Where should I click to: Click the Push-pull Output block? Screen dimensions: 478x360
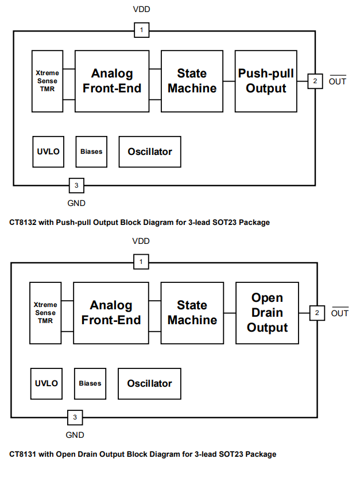(x=266, y=81)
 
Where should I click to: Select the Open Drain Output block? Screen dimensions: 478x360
(x=267, y=313)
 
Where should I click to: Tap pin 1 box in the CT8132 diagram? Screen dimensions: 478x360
(x=142, y=30)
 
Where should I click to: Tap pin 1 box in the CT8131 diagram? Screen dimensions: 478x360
(x=141, y=262)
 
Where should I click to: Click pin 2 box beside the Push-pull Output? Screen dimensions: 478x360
(x=315, y=81)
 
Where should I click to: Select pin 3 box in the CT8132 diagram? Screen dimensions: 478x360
(x=76, y=185)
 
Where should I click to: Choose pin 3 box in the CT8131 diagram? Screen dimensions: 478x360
(x=75, y=417)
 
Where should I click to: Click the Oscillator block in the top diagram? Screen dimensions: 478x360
(x=150, y=151)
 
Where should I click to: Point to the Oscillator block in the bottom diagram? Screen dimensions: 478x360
(x=149, y=383)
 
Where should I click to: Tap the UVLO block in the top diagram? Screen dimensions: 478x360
(x=48, y=151)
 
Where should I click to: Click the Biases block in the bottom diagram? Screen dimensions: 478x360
(x=90, y=383)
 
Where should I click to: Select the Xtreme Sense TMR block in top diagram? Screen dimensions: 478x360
(x=47, y=81)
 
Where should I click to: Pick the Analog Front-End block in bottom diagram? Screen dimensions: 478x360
(x=111, y=313)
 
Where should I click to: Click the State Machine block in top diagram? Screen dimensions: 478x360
(x=192, y=81)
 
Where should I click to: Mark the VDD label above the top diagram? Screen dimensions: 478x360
(x=141, y=10)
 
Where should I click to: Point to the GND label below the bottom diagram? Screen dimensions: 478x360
(x=75, y=435)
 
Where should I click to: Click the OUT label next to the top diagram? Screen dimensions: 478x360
(x=338, y=81)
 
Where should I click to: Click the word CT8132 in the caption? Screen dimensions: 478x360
(x=23, y=222)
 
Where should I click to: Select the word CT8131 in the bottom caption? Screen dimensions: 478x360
(x=23, y=454)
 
